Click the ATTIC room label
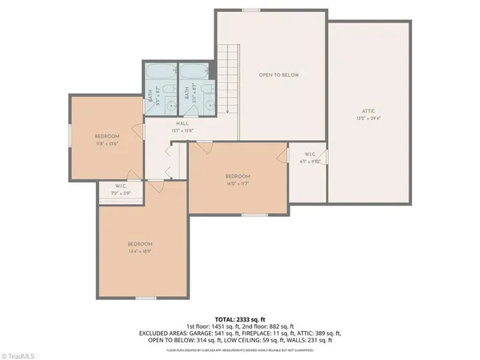pyautogui.click(x=368, y=110)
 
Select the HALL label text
pyautogui.click(x=182, y=124)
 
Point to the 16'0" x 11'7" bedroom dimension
pyautogui.click(x=238, y=183)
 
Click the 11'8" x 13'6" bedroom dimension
pyautogui.click(x=108, y=144)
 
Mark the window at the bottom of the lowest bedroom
pyautogui.click(x=145, y=298)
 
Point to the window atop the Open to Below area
pyautogui.click(x=251, y=10)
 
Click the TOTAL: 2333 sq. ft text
pyautogui.click(x=240, y=319)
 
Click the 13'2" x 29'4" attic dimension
pyautogui.click(x=368, y=118)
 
